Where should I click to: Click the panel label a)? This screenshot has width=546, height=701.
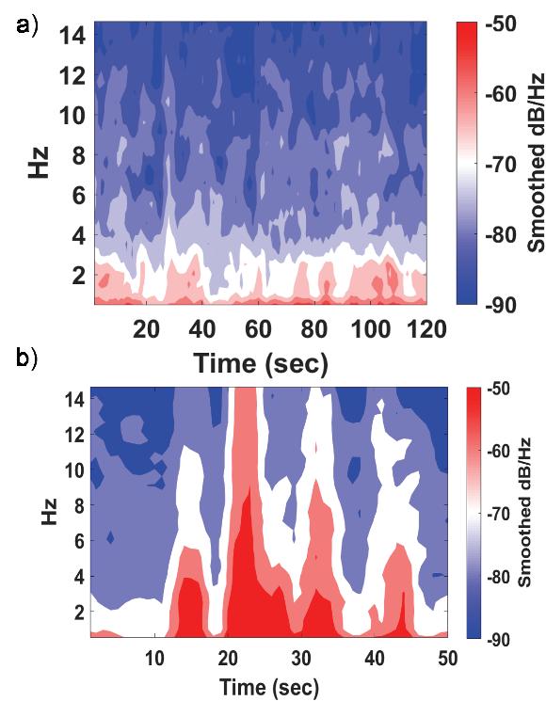[x=27, y=26]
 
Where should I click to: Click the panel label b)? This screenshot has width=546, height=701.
[x=27, y=358]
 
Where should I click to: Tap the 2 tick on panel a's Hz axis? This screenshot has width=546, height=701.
[x=79, y=275]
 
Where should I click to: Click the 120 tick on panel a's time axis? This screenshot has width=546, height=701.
[x=427, y=329]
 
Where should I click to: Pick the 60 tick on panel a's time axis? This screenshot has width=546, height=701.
[x=259, y=329]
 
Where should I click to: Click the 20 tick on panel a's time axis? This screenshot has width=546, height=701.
[x=146, y=329]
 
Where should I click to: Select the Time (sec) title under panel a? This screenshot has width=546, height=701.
[x=261, y=363]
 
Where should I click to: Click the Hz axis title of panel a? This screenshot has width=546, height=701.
[x=39, y=162]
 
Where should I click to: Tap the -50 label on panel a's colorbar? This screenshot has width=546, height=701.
[x=501, y=24]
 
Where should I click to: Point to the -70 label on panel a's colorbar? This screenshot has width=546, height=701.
[x=501, y=165]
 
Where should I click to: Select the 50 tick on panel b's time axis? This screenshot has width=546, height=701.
[x=447, y=659]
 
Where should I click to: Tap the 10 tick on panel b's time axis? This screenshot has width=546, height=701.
[x=154, y=659]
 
